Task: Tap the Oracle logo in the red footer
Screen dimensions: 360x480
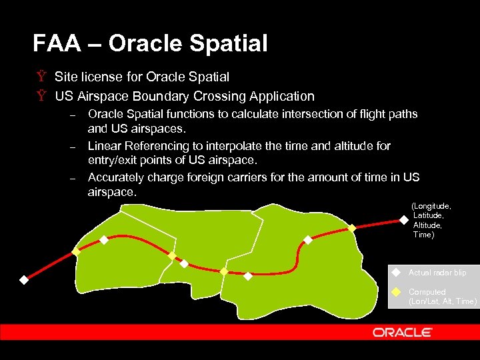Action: point(402,332)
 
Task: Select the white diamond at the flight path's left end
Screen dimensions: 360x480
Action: point(23,280)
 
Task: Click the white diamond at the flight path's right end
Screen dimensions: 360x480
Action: point(403,219)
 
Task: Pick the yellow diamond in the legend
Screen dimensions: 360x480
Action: point(396,292)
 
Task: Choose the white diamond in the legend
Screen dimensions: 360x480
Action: point(396,272)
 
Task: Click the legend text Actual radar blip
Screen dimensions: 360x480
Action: point(437,273)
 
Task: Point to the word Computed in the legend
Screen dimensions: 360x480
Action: point(427,292)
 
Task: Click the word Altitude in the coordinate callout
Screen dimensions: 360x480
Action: point(427,225)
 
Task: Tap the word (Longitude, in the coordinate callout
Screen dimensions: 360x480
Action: point(431,207)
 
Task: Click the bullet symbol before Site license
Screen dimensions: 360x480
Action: point(41,77)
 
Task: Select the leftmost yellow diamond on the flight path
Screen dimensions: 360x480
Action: point(76,252)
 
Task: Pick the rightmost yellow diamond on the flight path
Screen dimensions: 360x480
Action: point(352,228)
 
